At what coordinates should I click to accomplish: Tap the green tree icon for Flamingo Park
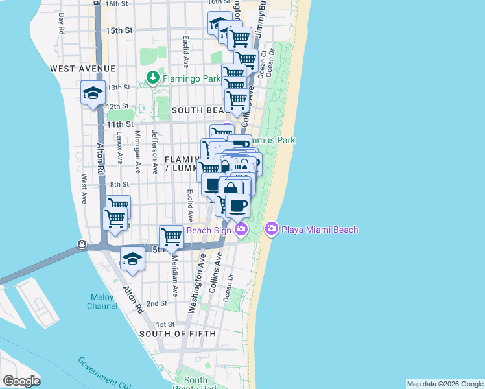[153, 78]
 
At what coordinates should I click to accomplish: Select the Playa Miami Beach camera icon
[272, 229]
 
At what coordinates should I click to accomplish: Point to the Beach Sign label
[209, 230]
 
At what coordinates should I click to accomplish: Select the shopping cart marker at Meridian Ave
[171, 236]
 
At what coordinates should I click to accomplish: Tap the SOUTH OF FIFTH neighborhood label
[174, 334]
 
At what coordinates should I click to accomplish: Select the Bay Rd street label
[62, 23]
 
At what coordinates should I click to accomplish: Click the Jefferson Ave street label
[154, 152]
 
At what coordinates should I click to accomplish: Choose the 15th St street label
[119, 30]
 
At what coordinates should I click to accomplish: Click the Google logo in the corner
[21, 381]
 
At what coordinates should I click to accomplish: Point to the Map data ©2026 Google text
[444, 384]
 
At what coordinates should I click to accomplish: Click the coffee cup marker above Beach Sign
[237, 206]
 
